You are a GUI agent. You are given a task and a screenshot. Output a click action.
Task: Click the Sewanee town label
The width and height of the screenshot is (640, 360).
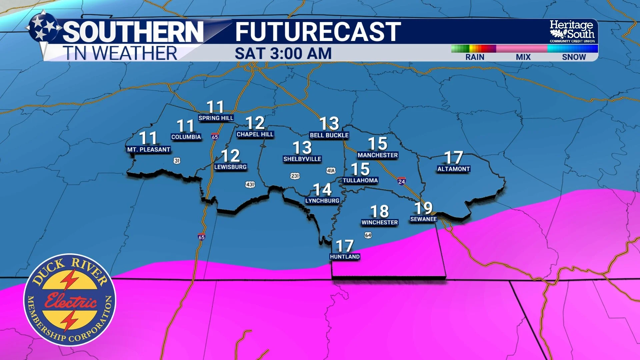[423, 219]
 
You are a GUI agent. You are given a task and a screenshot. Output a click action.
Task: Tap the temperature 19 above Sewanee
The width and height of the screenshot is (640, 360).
[423, 208]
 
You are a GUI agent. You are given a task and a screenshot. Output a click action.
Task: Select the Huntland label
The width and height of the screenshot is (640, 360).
[345, 257]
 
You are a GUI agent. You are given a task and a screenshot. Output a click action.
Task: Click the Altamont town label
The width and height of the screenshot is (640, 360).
[453, 169]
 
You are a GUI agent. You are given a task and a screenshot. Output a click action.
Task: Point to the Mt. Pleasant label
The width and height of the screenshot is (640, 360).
[149, 150]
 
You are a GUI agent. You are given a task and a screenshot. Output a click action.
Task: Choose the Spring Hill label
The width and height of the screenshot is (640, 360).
[216, 118]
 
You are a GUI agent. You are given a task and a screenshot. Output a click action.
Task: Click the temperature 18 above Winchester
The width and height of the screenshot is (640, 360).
[379, 211]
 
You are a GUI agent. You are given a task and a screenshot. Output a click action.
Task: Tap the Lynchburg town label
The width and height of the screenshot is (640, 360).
[322, 201]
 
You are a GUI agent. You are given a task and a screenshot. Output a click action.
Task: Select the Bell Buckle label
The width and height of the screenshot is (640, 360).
[329, 135]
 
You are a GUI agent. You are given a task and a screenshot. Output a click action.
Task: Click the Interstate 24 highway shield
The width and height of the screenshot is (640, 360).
[401, 181]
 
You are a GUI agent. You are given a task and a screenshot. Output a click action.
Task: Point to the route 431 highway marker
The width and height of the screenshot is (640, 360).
[250, 184]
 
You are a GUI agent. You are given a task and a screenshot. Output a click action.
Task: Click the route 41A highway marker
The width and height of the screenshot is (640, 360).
[331, 171]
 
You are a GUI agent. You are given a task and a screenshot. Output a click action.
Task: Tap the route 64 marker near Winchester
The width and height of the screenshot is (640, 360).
[368, 235]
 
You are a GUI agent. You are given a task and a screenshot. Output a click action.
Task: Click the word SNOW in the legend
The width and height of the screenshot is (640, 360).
[574, 57]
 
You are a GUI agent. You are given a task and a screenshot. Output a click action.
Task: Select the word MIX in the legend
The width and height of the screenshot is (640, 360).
[523, 57]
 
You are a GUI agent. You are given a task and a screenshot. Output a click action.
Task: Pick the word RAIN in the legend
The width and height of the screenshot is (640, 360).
[475, 57]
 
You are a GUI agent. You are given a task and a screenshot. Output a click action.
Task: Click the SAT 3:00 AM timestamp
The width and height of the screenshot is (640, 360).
[283, 53]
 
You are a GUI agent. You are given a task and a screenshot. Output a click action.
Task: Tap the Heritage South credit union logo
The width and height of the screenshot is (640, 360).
[572, 31]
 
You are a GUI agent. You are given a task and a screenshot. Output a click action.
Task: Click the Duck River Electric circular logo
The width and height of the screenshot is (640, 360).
[70, 300]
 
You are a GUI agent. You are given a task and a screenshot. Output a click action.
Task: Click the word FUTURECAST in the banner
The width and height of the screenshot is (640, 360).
[318, 32]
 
